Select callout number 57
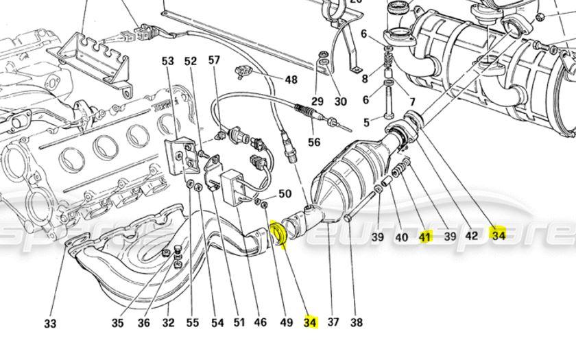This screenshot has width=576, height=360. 214,60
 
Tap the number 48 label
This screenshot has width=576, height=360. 291,80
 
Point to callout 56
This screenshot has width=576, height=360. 314,143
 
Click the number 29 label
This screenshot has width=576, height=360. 317,101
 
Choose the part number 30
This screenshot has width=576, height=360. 341,101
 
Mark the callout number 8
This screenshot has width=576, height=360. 365,79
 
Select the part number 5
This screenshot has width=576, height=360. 366,123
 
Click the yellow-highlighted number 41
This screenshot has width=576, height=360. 426,237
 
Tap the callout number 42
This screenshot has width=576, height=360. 471,237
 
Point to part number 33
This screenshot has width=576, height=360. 50,323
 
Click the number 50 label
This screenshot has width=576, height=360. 285,194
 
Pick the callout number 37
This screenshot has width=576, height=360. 333,322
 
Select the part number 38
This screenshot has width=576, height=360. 356,322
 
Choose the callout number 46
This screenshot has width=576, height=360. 261,322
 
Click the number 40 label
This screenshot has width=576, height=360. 402,237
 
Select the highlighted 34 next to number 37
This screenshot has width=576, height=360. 311,322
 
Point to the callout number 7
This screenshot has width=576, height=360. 412,102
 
